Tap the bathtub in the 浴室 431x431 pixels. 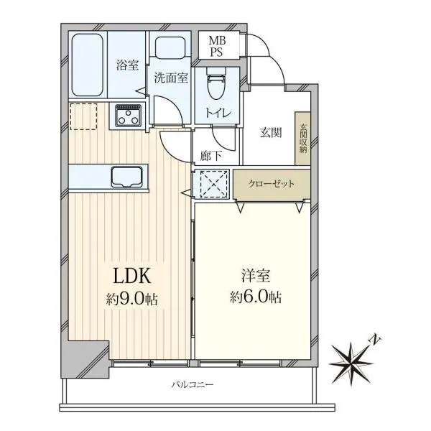tap(88, 65)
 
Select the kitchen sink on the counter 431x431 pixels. tap(126, 177)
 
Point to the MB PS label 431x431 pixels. tap(217, 46)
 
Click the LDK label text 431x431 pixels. tap(132, 276)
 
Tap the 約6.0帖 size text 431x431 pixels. tap(256, 297)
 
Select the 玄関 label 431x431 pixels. tap(271, 133)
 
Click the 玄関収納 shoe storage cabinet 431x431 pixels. tap(303, 138)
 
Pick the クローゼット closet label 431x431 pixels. tap(272, 183)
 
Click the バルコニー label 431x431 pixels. tap(193, 384)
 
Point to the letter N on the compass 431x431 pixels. tap(376, 340)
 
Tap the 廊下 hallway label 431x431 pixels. tap(210, 156)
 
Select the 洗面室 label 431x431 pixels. tap(171, 78)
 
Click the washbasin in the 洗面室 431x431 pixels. tap(170, 48)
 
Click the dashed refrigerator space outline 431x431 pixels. tap(83, 116)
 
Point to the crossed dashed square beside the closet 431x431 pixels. tap(214, 184)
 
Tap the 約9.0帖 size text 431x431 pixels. tap(132, 299)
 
